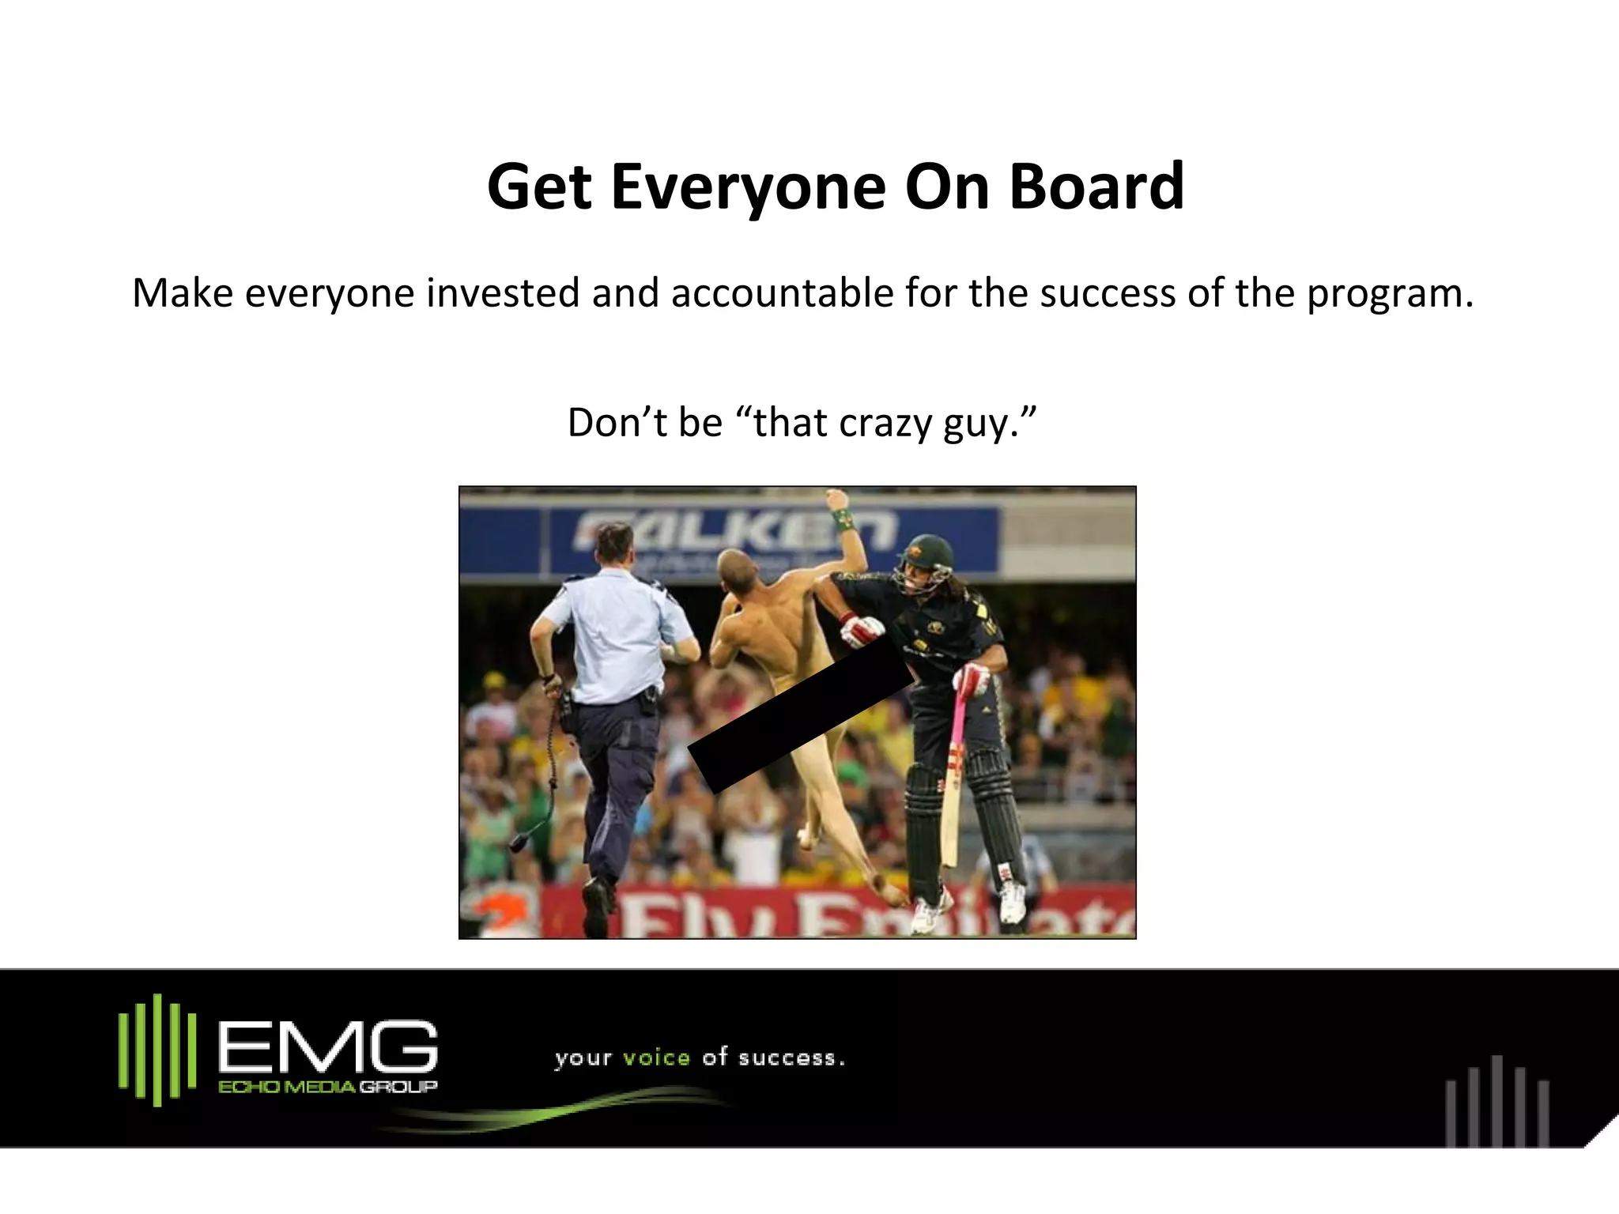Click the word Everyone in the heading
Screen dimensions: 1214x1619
748,188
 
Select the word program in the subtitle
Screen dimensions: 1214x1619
1388,294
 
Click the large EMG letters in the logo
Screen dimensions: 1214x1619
326,1047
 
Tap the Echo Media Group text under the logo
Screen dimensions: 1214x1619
326,1088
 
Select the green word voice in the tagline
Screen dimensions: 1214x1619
656,1058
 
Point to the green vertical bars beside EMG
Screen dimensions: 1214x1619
157,1049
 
